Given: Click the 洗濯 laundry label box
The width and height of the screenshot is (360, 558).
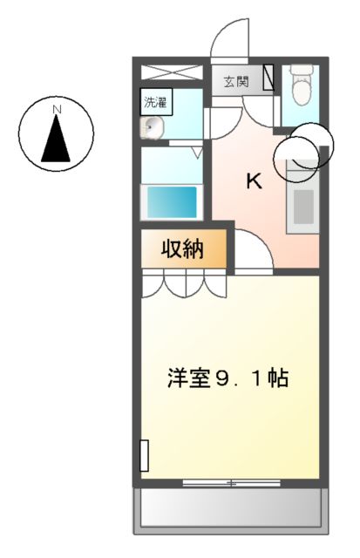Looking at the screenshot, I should [155, 101].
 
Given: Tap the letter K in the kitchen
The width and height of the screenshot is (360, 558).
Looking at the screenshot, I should [254, 181].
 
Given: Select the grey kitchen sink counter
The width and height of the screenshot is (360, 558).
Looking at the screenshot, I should [302, 206].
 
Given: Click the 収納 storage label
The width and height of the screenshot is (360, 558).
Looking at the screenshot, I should [183, 249].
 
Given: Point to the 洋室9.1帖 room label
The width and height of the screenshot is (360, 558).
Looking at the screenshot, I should [228, 379].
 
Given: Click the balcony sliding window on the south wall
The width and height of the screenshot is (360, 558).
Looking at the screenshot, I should [231, 482].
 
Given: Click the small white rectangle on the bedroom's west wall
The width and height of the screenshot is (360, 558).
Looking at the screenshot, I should [144, 455].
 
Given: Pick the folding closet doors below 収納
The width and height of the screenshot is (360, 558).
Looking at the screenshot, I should [184, 284].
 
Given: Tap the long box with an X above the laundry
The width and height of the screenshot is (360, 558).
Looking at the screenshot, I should [172, 72].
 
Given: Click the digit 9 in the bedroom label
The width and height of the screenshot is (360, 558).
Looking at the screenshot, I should [222, 379].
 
